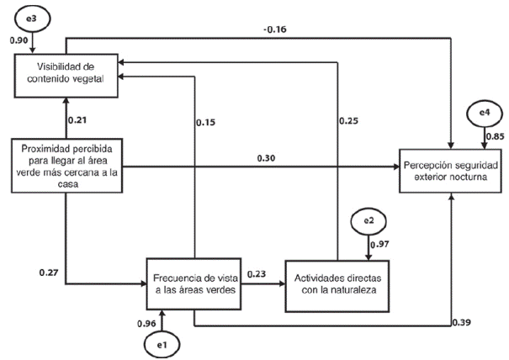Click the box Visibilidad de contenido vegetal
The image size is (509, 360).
pos(67,71)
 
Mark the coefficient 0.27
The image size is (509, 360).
pos(49,273)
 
